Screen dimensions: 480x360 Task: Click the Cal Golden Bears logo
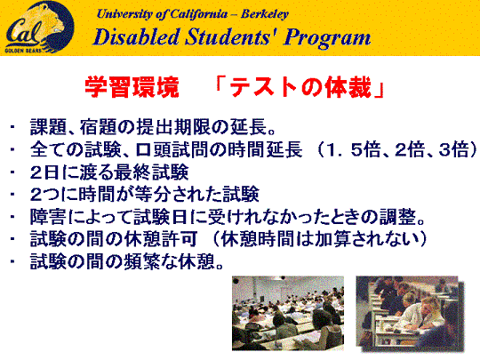coord(39,28)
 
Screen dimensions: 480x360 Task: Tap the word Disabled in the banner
coord(136,37)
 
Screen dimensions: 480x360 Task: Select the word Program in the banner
coord(327,38)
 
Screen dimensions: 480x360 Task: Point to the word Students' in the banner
coord(231,37)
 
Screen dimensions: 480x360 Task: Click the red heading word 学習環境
coord(132,87)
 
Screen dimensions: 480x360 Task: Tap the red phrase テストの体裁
coord(300,87)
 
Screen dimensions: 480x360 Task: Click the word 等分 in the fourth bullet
coord(153,195)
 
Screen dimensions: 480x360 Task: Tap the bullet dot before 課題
coord(12,127)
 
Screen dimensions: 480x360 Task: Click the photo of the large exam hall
coord(288,313)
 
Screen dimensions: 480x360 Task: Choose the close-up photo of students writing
coord(410,314)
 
